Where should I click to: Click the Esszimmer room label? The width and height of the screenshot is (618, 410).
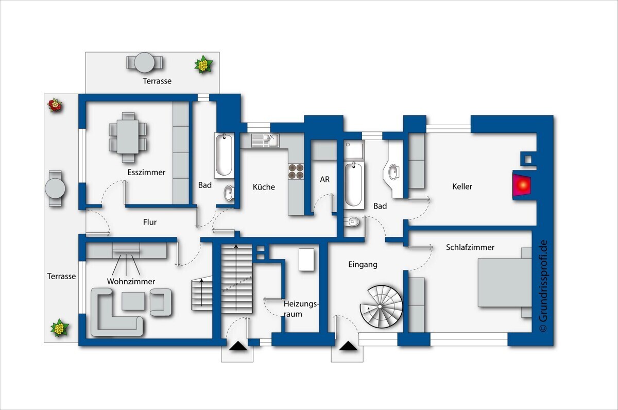click(146, 173)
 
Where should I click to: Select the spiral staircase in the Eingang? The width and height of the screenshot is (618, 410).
click(381, 306)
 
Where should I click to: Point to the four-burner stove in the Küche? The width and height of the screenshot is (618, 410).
click(296, 172)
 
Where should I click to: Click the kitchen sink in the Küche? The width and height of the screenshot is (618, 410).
click(265, 141)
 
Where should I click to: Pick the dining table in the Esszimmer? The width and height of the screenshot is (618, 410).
click(128, 137)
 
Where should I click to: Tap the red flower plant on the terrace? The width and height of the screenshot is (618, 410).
click(55, 105)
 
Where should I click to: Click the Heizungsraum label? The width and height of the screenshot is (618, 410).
click(301, 309)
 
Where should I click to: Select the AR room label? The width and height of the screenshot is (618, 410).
click(325, 180)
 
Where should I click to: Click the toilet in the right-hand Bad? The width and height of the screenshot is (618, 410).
click(352, 221)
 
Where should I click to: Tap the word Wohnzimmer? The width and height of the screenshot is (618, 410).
click(131, 281)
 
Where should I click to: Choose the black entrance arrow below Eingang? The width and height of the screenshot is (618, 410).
click(348, 346)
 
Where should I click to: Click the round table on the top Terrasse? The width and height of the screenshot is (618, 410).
click(144, 62)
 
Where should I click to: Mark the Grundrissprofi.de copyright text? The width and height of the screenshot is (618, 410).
click(543, 286)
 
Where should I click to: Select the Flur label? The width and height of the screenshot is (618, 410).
click(150, 222)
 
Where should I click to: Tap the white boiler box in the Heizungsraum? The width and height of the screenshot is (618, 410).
click(306, 260)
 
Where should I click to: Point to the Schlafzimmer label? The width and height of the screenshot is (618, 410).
click(470, 247)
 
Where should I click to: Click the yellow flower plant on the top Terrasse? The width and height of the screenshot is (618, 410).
click(203, 64)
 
